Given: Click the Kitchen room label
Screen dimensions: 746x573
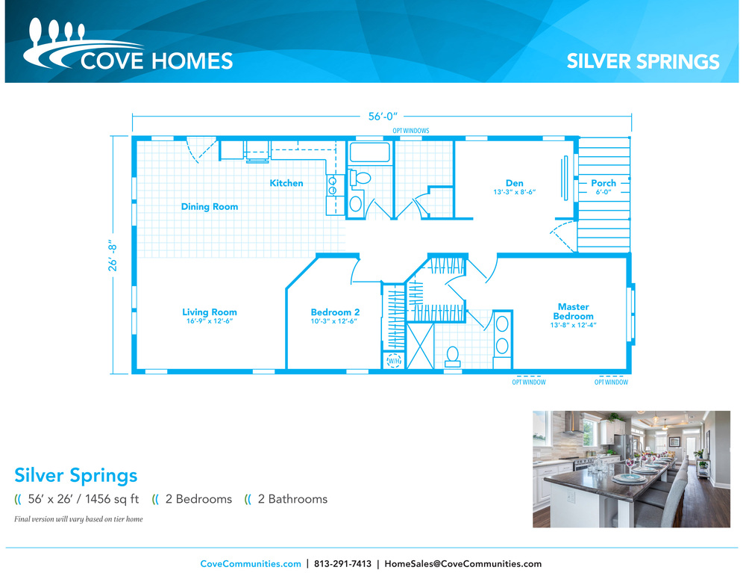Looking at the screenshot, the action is tap(286, 183).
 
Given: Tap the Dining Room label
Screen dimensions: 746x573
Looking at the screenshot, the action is tap(210, 207).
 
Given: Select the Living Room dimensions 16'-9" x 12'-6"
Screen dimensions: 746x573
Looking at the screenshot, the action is tap(210, 321).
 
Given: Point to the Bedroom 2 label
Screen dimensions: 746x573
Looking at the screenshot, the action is tap(335, 312).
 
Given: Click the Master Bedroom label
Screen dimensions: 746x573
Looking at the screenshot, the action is tap(573, 312).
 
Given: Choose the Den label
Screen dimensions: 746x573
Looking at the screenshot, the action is tap(514, 183).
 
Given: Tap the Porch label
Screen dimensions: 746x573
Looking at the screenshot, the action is tap(604, 183).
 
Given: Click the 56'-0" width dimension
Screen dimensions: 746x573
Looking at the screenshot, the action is tap(383, 117).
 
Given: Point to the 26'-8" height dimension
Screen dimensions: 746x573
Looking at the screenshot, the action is tap(113, 255).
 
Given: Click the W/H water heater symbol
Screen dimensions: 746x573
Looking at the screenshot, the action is tap(394, 361).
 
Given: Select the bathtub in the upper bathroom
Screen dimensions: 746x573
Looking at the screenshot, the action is tap(370, 152).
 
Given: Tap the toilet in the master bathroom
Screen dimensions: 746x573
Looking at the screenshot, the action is tap(453, 357).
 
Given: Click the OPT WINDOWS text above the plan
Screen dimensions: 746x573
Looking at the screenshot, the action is tap(410, 131).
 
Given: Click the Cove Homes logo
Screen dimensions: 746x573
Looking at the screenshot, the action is tap(128, 45).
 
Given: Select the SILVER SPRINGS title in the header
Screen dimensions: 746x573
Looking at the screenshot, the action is tap(643, 61).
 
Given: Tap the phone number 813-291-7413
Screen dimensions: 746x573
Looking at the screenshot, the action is tap(342, 563).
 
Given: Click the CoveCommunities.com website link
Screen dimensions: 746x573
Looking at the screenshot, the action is tap(250, 563).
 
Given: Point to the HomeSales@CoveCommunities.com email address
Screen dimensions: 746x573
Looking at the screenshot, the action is tap(463, 563).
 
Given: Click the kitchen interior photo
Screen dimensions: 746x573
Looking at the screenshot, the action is tap(631, 469).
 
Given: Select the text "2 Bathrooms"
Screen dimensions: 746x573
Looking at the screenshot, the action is tap(292, 499).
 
